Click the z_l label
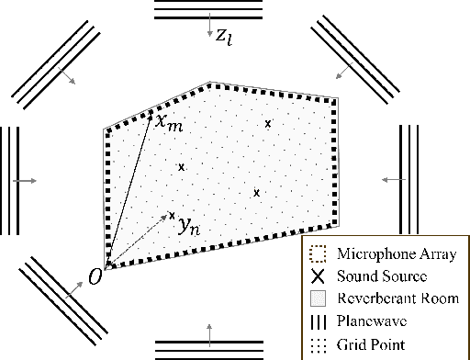click(x=226, y=37)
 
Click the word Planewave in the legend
click(x=370, y=322)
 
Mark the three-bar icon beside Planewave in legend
click(x=318, y=322)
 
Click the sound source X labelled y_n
click(x=172, y=216)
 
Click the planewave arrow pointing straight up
click(x=212, y=332)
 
